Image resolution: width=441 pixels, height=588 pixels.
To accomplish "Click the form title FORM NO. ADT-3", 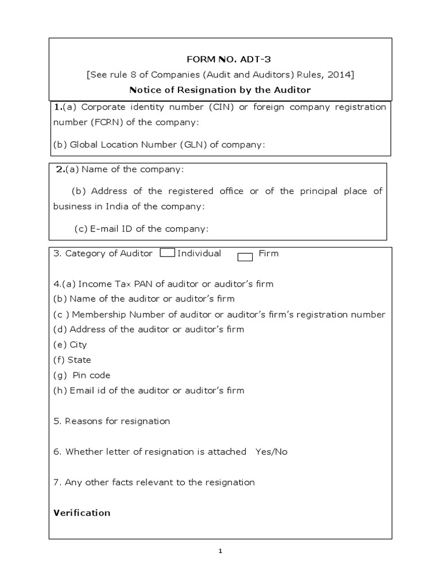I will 220,59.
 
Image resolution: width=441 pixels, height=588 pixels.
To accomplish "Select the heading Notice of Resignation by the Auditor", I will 220,90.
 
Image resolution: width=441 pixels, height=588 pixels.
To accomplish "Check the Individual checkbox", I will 167,253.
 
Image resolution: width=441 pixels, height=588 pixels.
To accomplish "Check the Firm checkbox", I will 245,257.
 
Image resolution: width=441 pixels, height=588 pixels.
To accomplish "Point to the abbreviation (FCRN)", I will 104,122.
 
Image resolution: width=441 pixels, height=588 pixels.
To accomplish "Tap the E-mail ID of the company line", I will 141,229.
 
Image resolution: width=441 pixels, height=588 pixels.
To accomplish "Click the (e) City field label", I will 70,345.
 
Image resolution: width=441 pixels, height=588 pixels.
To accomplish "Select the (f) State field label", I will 72,360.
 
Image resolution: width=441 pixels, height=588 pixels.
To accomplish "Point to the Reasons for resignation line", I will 112,421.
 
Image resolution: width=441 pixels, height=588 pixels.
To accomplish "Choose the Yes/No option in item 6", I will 272,451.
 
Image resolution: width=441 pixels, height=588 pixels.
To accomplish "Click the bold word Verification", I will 82,513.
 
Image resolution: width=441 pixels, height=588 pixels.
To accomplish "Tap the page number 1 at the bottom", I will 220,552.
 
